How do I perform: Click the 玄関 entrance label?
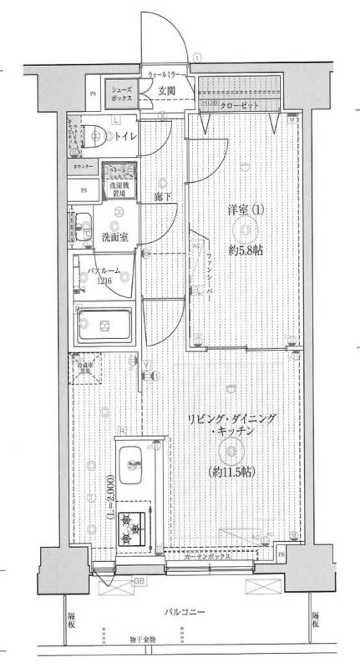pos(167,91)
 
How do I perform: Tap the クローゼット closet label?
pos(242,107)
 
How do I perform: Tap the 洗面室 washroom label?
pos(114,237)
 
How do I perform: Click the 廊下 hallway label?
pos(163,198)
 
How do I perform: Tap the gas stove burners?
pos(131,526)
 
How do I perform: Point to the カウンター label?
pos(83,167)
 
